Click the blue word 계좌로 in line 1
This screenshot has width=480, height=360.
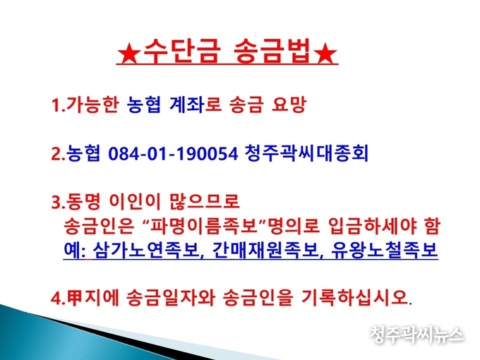click(x=195, y=104)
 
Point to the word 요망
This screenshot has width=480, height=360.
click(x=289, y=104)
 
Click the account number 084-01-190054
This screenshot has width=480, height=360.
click(x=173, y=153)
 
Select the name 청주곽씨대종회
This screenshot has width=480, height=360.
click(x=307, y=152)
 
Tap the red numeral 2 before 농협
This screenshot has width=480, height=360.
click(x=57, y=154)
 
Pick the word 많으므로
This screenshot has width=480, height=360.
click(x=204, y=201)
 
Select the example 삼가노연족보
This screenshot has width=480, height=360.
click(x=145, y=250)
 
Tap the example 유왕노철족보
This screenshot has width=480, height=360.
click(x=385, y=250)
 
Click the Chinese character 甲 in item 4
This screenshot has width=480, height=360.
click(x=75, y=298)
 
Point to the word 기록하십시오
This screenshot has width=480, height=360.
click(x=354, y=297)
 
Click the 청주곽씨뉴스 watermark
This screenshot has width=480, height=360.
click(x=416, y=335)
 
